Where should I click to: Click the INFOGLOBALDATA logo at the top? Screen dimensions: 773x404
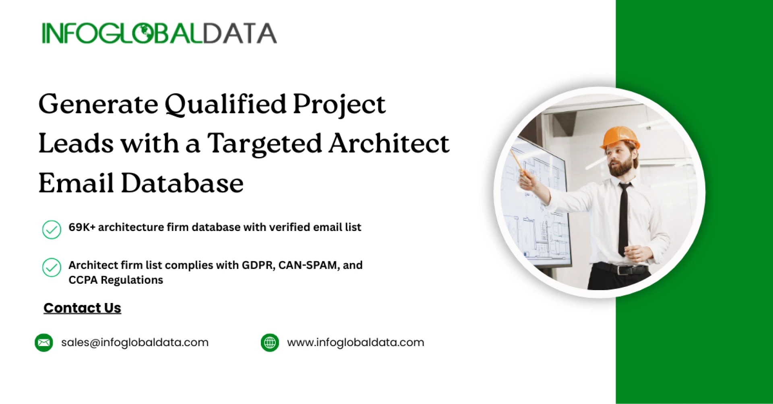[x=159, y=33]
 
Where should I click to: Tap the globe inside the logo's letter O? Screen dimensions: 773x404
[x=144, y=33]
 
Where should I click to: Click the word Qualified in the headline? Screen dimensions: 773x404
[x=225, y=105]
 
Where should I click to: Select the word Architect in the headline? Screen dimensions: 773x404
[x=389, y=143]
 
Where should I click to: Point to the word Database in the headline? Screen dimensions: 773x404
[x=182, y=183]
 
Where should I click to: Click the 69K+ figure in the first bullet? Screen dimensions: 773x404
[x=82, y=227]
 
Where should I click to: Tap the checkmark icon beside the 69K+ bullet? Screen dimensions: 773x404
[x=52, y=229]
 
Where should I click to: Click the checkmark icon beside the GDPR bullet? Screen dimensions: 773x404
[x=52, y=267]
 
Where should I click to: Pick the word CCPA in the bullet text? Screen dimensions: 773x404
[x=83, y=280]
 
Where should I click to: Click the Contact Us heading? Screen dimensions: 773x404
[x=82, y=308]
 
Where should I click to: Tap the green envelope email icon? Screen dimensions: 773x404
[x=44, y=343]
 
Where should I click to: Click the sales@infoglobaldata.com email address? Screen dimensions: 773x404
[x=135, y=342]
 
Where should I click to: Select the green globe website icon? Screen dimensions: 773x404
[x=270, y=343]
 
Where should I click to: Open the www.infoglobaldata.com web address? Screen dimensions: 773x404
[x=355, y=342]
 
